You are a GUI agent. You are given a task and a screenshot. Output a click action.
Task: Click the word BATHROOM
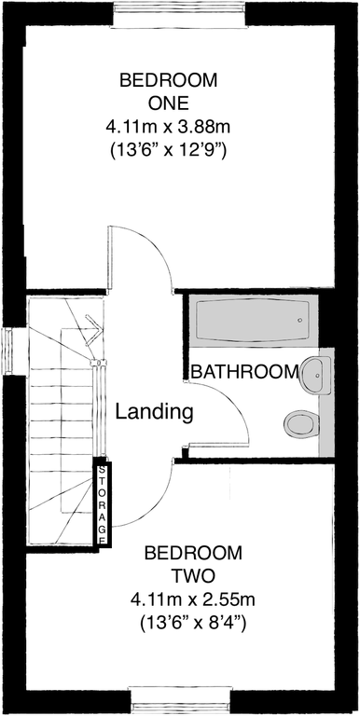244,372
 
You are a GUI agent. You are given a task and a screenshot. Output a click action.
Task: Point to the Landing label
154,410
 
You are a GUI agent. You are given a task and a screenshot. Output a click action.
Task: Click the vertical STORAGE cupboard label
102,503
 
